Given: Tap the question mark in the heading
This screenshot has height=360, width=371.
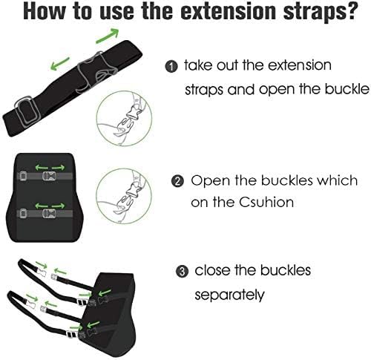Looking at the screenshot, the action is (x=350, y=11).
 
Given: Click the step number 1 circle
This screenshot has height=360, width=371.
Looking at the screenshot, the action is (x=171, y=67).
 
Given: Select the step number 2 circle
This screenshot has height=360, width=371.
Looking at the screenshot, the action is (x=177, y=182).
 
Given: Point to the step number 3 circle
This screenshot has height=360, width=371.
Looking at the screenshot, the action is (x=183, y=272).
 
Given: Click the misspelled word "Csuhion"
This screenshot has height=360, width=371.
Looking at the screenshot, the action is (x=267, y=203).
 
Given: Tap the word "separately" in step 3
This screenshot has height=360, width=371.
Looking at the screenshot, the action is (x=229, y=295).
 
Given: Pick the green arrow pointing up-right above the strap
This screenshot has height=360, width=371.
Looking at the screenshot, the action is (x=108, y=36).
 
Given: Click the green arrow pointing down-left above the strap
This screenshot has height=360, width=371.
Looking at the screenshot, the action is (x=60, y=63).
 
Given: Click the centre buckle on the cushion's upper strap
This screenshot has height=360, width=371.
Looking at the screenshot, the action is (x=49, y=176).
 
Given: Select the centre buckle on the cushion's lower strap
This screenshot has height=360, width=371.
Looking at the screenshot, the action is (x=49, y=214).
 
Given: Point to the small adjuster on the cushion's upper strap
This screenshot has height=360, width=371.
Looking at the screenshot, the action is (x=23, y=176).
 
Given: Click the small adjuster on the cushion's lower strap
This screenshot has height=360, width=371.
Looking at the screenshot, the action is (x=23, y=214).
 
